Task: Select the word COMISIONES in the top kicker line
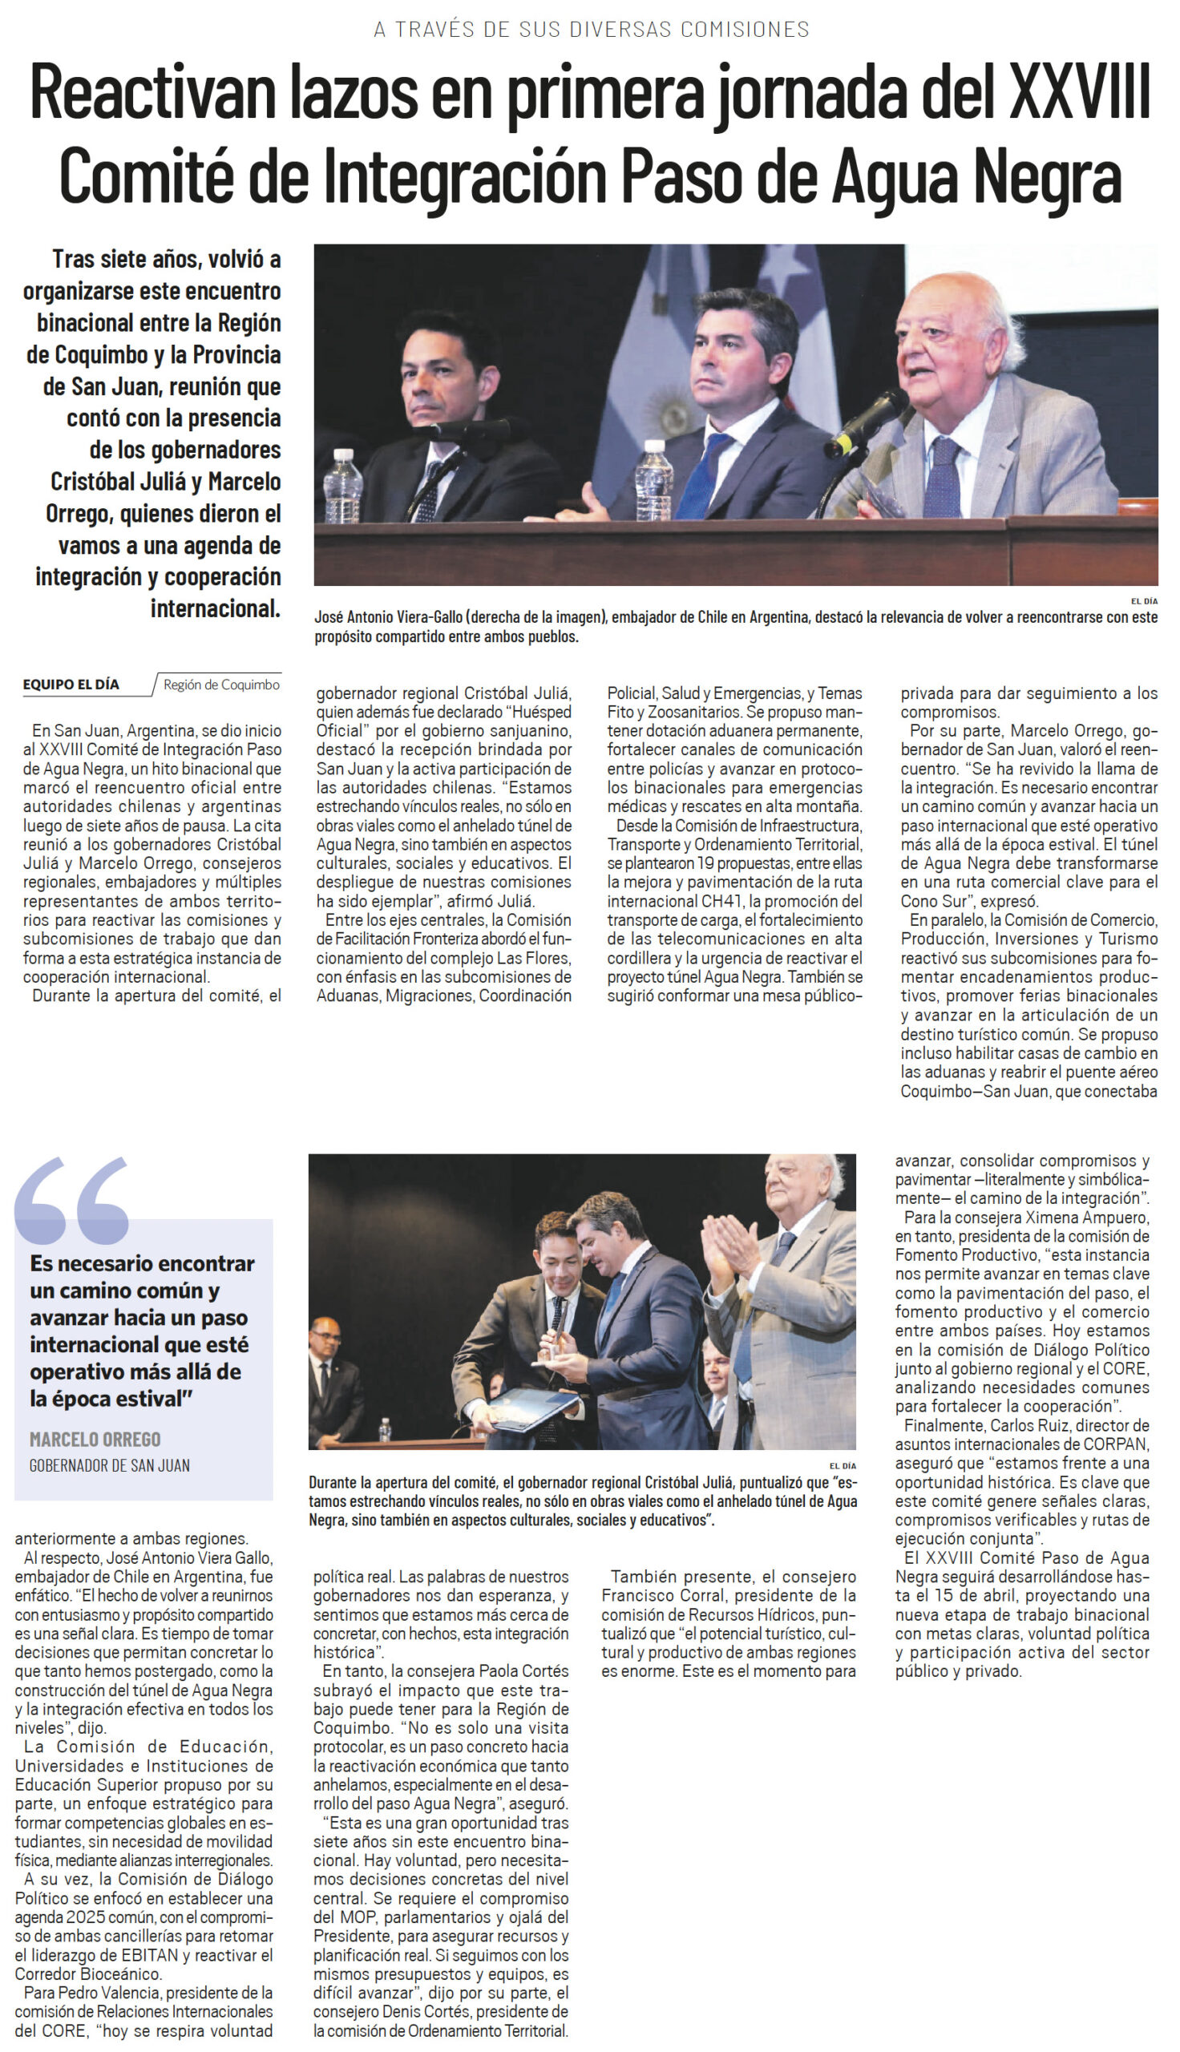pos(745,29)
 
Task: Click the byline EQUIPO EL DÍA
pos(71,685)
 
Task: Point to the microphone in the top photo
pos(868,422)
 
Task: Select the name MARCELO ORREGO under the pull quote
pos(95,1439)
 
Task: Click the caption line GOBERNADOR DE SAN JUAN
pos(109,1464)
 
